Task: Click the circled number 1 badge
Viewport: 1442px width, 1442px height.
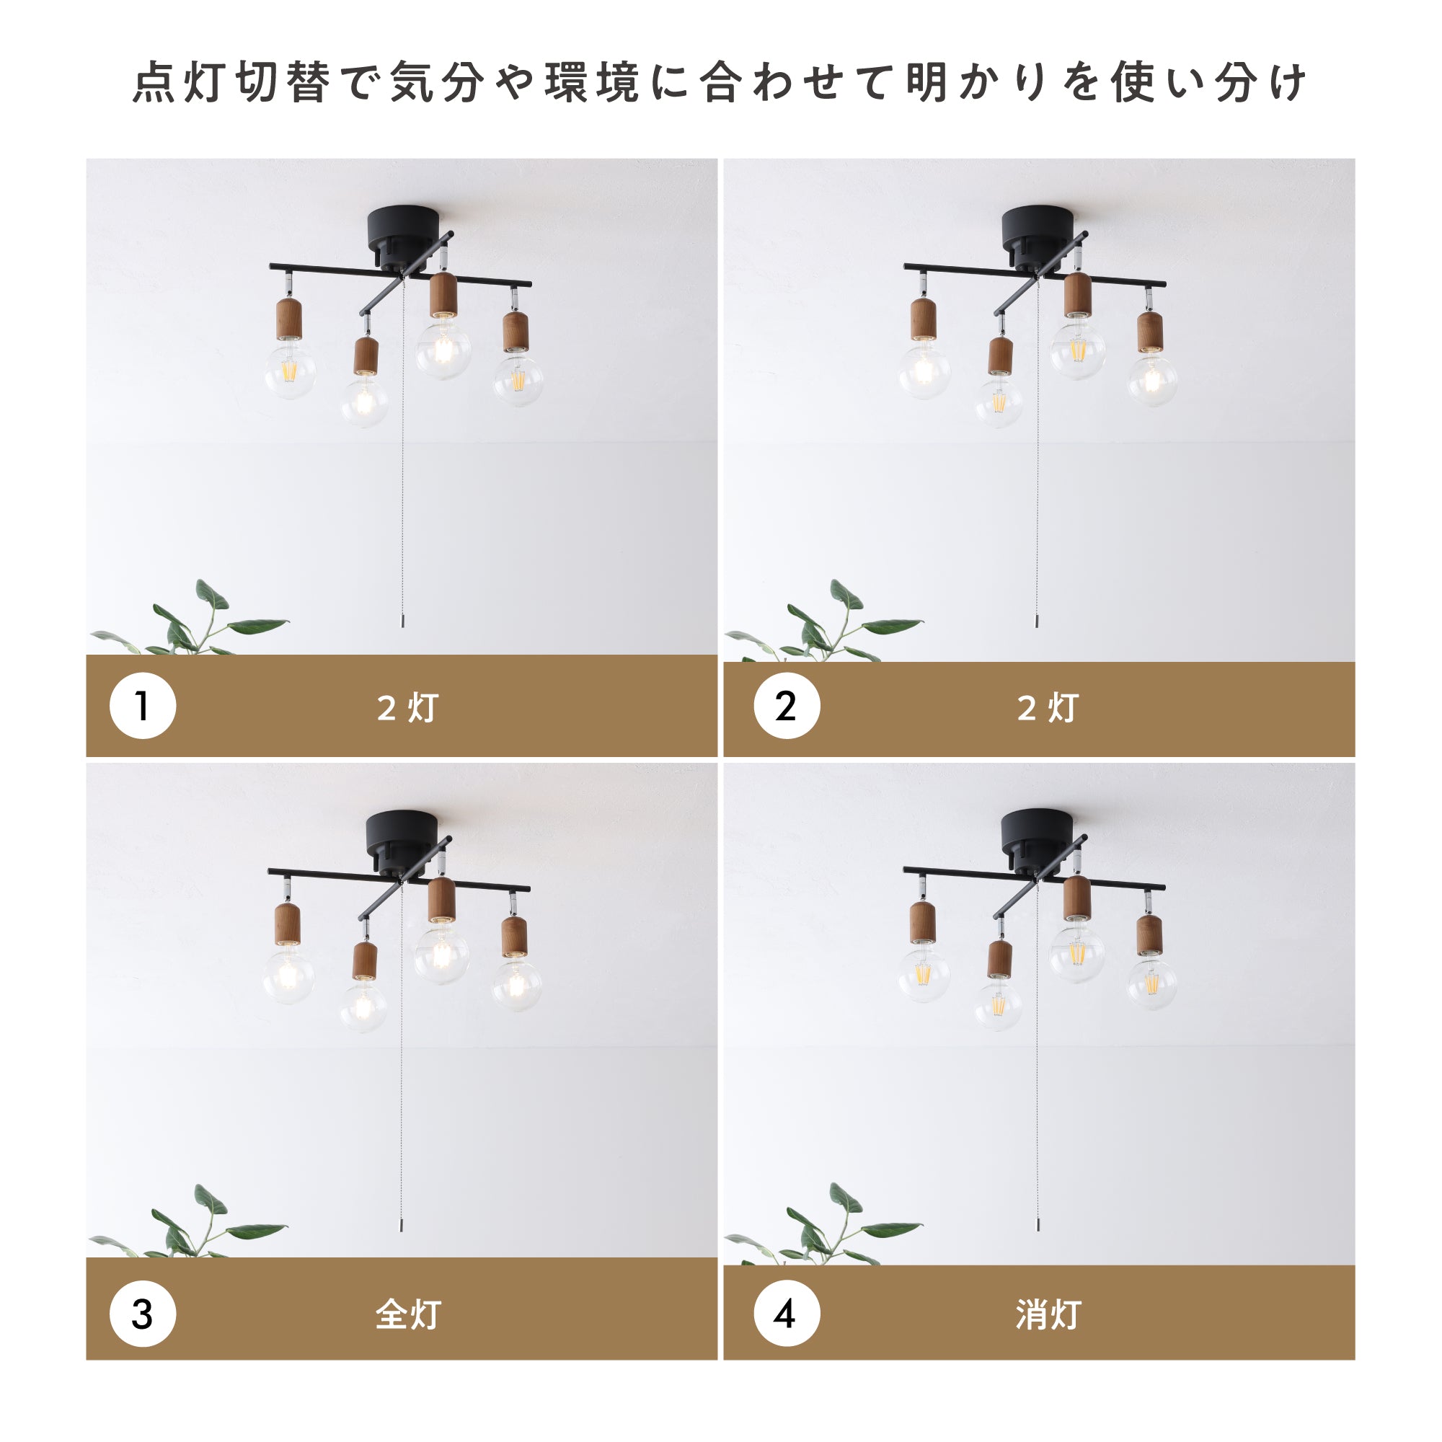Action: point(143,705)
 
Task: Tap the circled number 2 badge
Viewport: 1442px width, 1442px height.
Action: point(787,705)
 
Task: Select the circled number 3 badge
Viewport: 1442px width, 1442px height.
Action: point(143,1314)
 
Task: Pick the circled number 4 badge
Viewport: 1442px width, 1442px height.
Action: point(787,1314)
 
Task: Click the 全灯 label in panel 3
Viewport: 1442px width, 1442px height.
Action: point(407,1314)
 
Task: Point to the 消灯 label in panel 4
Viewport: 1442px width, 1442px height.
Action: point(1048,1314)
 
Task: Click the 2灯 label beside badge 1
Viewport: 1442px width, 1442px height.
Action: point(407,707)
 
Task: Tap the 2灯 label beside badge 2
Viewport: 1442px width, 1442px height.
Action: point(1048,707)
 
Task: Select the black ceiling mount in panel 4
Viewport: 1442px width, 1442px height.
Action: point(1038,840)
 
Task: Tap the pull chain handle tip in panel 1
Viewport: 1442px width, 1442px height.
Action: point(403,622)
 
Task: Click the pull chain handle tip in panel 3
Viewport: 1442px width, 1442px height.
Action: point(402,1226)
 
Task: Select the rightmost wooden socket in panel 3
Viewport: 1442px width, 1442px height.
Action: point(514,936)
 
